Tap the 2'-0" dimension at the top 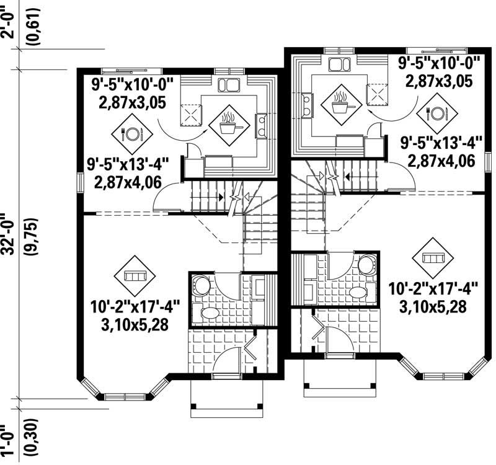(8, 24)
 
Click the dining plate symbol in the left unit (131, 133)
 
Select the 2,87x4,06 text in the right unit (441, 162)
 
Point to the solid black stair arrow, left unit (220, 198)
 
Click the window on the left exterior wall (80, 182)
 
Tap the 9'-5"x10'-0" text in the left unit (133, 83)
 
